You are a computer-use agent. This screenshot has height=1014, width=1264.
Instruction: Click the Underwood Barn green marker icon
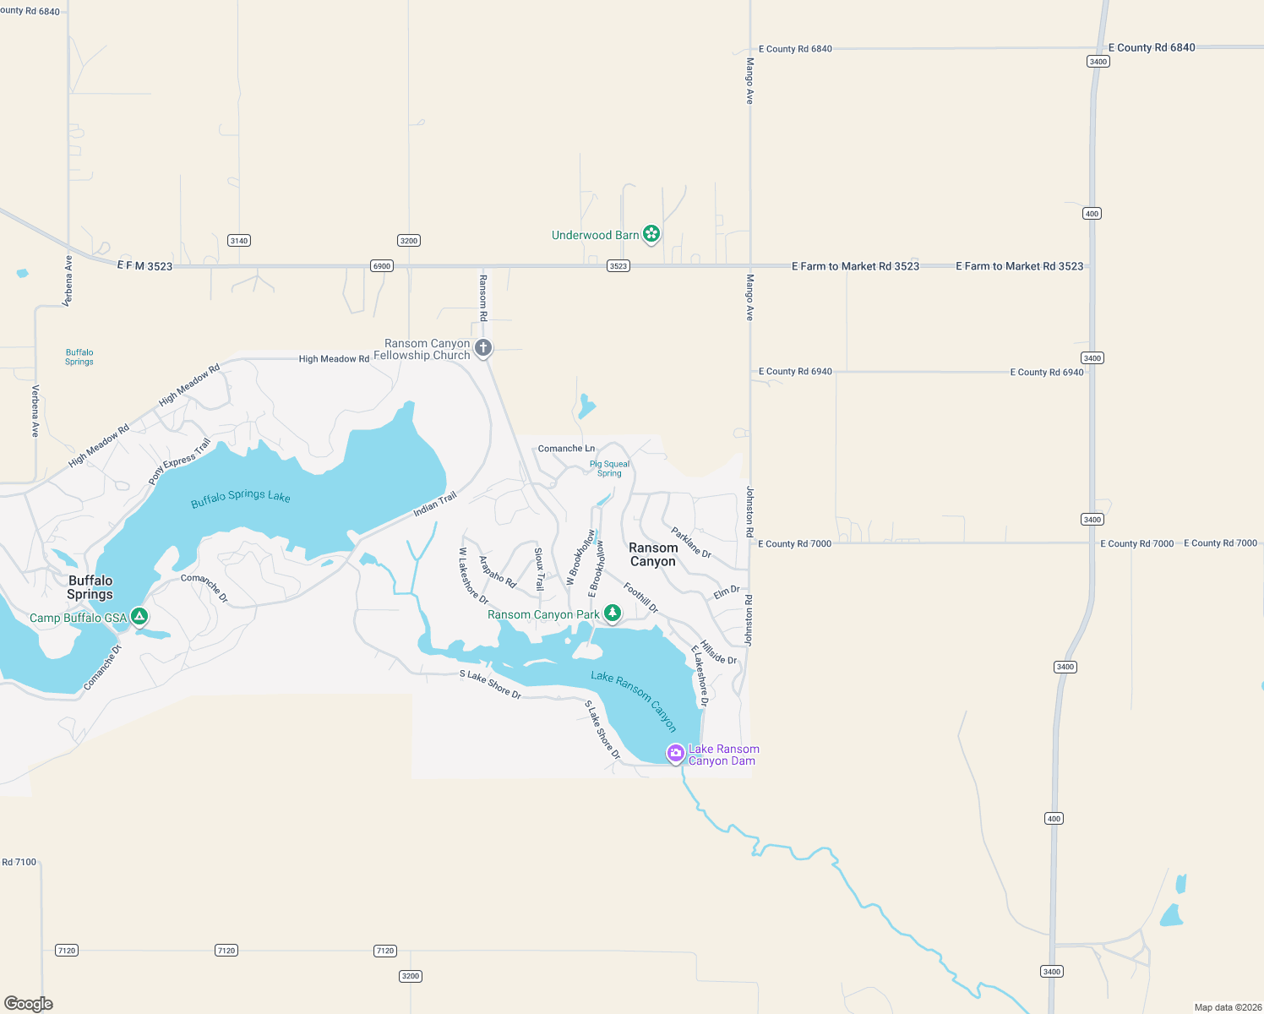651,234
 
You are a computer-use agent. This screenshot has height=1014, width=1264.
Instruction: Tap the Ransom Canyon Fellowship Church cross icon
482,347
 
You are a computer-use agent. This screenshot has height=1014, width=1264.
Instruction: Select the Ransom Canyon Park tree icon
612,613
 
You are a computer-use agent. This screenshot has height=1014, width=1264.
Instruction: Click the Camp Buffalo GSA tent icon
139,617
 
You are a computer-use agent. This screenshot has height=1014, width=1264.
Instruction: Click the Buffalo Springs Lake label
240,498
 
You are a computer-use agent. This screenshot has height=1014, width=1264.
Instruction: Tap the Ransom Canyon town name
652,554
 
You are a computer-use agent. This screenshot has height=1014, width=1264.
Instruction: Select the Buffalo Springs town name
90,587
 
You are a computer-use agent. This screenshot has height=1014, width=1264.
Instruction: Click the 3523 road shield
618,266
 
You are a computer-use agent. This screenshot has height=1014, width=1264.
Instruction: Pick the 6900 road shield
382,266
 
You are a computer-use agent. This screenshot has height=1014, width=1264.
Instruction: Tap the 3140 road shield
239,241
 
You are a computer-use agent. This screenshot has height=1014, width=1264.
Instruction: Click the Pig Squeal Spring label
609,468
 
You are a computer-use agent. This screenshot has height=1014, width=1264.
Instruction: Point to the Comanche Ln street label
566,449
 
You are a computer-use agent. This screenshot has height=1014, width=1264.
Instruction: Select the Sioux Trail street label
539,569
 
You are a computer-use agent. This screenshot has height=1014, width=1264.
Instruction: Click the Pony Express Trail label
179,461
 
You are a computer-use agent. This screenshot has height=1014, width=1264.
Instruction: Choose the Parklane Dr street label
691,542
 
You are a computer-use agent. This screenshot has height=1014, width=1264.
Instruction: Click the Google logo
29,1003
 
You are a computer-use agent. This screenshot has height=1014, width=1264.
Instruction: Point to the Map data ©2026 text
1228,1007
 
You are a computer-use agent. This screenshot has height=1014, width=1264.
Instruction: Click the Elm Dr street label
726,592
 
